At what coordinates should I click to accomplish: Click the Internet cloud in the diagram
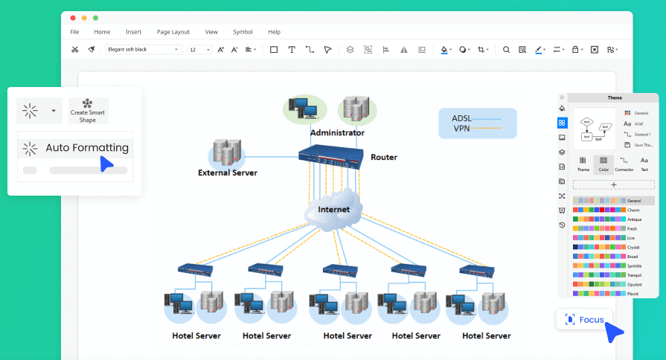pyautogui.click(x=333, y=208)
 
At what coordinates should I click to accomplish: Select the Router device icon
pyautogui.click(x=330, y=155)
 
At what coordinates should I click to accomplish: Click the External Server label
pyautogui.click(x=227, y=173)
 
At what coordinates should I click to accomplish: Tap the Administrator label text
pyautogui.click(x=337, y=132)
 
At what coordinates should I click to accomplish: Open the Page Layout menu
pyautogui.click(x=173, y=32)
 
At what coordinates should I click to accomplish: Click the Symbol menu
pyautogui.click(x=243, y=32)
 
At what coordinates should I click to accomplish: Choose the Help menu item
pyautogui.click(x=274, y=32)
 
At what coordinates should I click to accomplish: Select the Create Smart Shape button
pyautogui.click(x=88, y=111)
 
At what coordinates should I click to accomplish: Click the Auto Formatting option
pyautogui.click(x=86, y=148)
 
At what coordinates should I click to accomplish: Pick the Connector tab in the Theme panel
pyautogui.click(x=624, y=164)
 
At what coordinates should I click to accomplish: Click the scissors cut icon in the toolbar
pyautogui.click(x=74, y=50)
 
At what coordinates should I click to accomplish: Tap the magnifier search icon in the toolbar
pyautogui.click(x=506, y=50)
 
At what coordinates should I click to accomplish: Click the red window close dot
pyautogui.click(x=72, y=17)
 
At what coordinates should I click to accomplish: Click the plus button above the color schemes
pyautogui.click(x=614, y=184)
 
